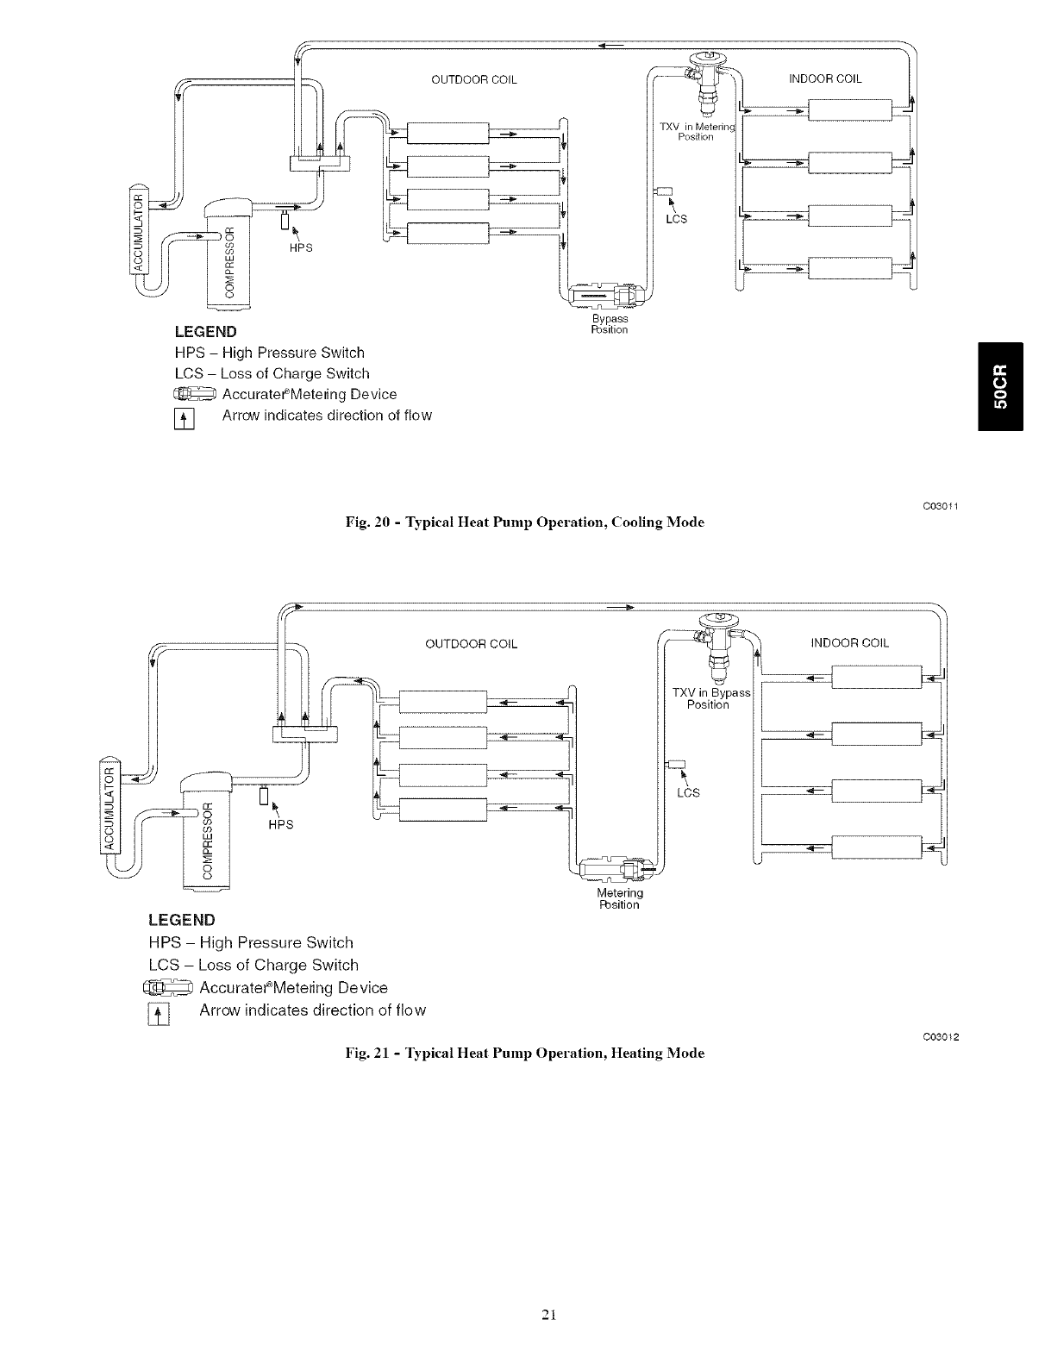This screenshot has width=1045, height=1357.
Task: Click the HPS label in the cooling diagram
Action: (x=300, y=249)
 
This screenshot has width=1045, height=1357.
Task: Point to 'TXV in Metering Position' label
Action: (x=696, y=132)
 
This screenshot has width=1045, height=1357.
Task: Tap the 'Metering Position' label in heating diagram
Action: (x=620, y=898)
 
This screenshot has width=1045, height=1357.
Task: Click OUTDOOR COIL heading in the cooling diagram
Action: (x=473, y=80)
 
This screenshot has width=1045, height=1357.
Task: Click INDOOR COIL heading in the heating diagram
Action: (x=849, y=642)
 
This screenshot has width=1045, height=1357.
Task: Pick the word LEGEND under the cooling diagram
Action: (x=205, y=332)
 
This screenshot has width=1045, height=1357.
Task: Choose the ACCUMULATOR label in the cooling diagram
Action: (x=135, y=230)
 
